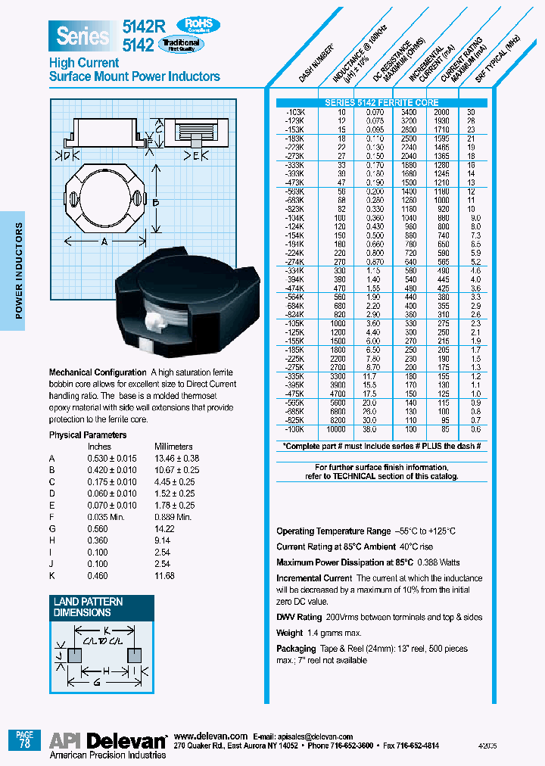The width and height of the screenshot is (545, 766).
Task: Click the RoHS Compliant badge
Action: pos(198,25)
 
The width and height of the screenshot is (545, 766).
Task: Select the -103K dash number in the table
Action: pos(294,111)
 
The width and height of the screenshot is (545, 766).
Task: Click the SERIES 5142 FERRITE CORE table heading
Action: pos(381,102)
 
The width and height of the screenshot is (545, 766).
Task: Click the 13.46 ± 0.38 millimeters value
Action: pos(177,459)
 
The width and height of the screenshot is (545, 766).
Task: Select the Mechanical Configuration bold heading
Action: pos(98,372)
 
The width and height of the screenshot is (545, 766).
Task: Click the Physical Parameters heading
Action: pos(88,435)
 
